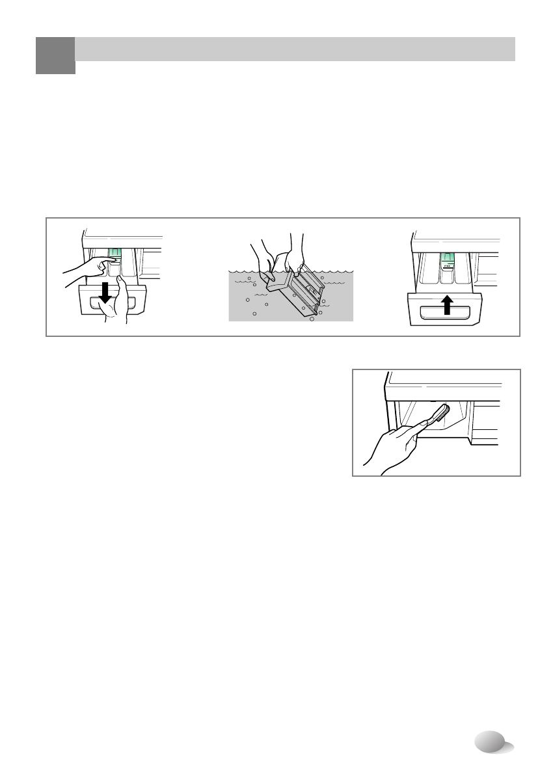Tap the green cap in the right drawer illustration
tap(448, 261)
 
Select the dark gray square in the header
tap(55, 55)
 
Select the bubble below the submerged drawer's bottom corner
tap(312, 319)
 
